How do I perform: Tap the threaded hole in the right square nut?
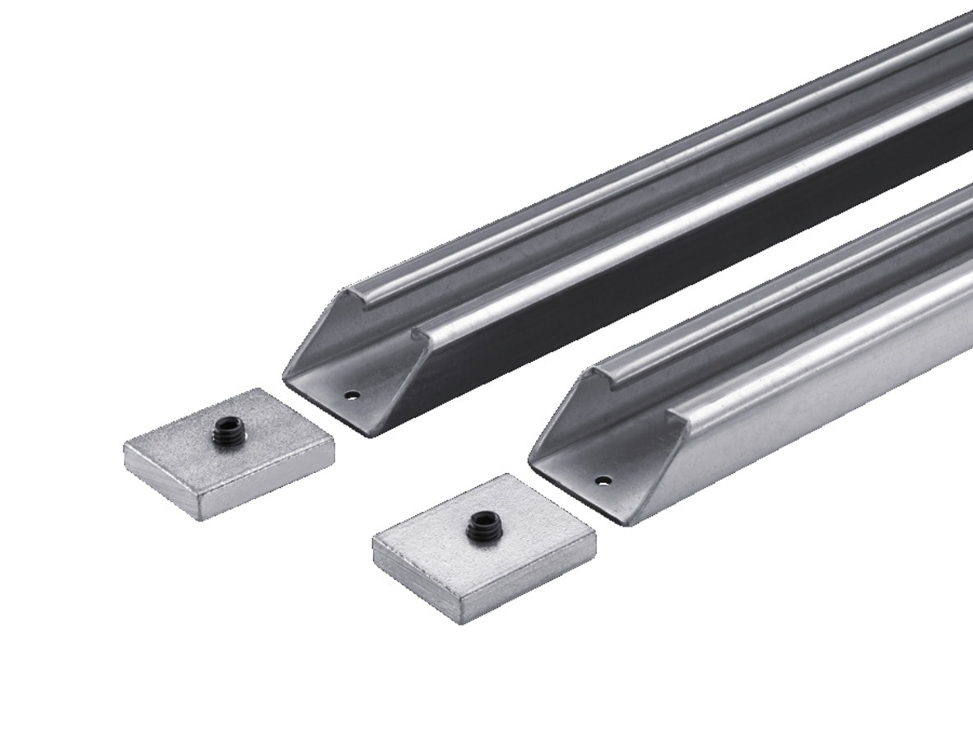480,526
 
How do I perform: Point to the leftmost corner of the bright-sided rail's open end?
530,463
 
